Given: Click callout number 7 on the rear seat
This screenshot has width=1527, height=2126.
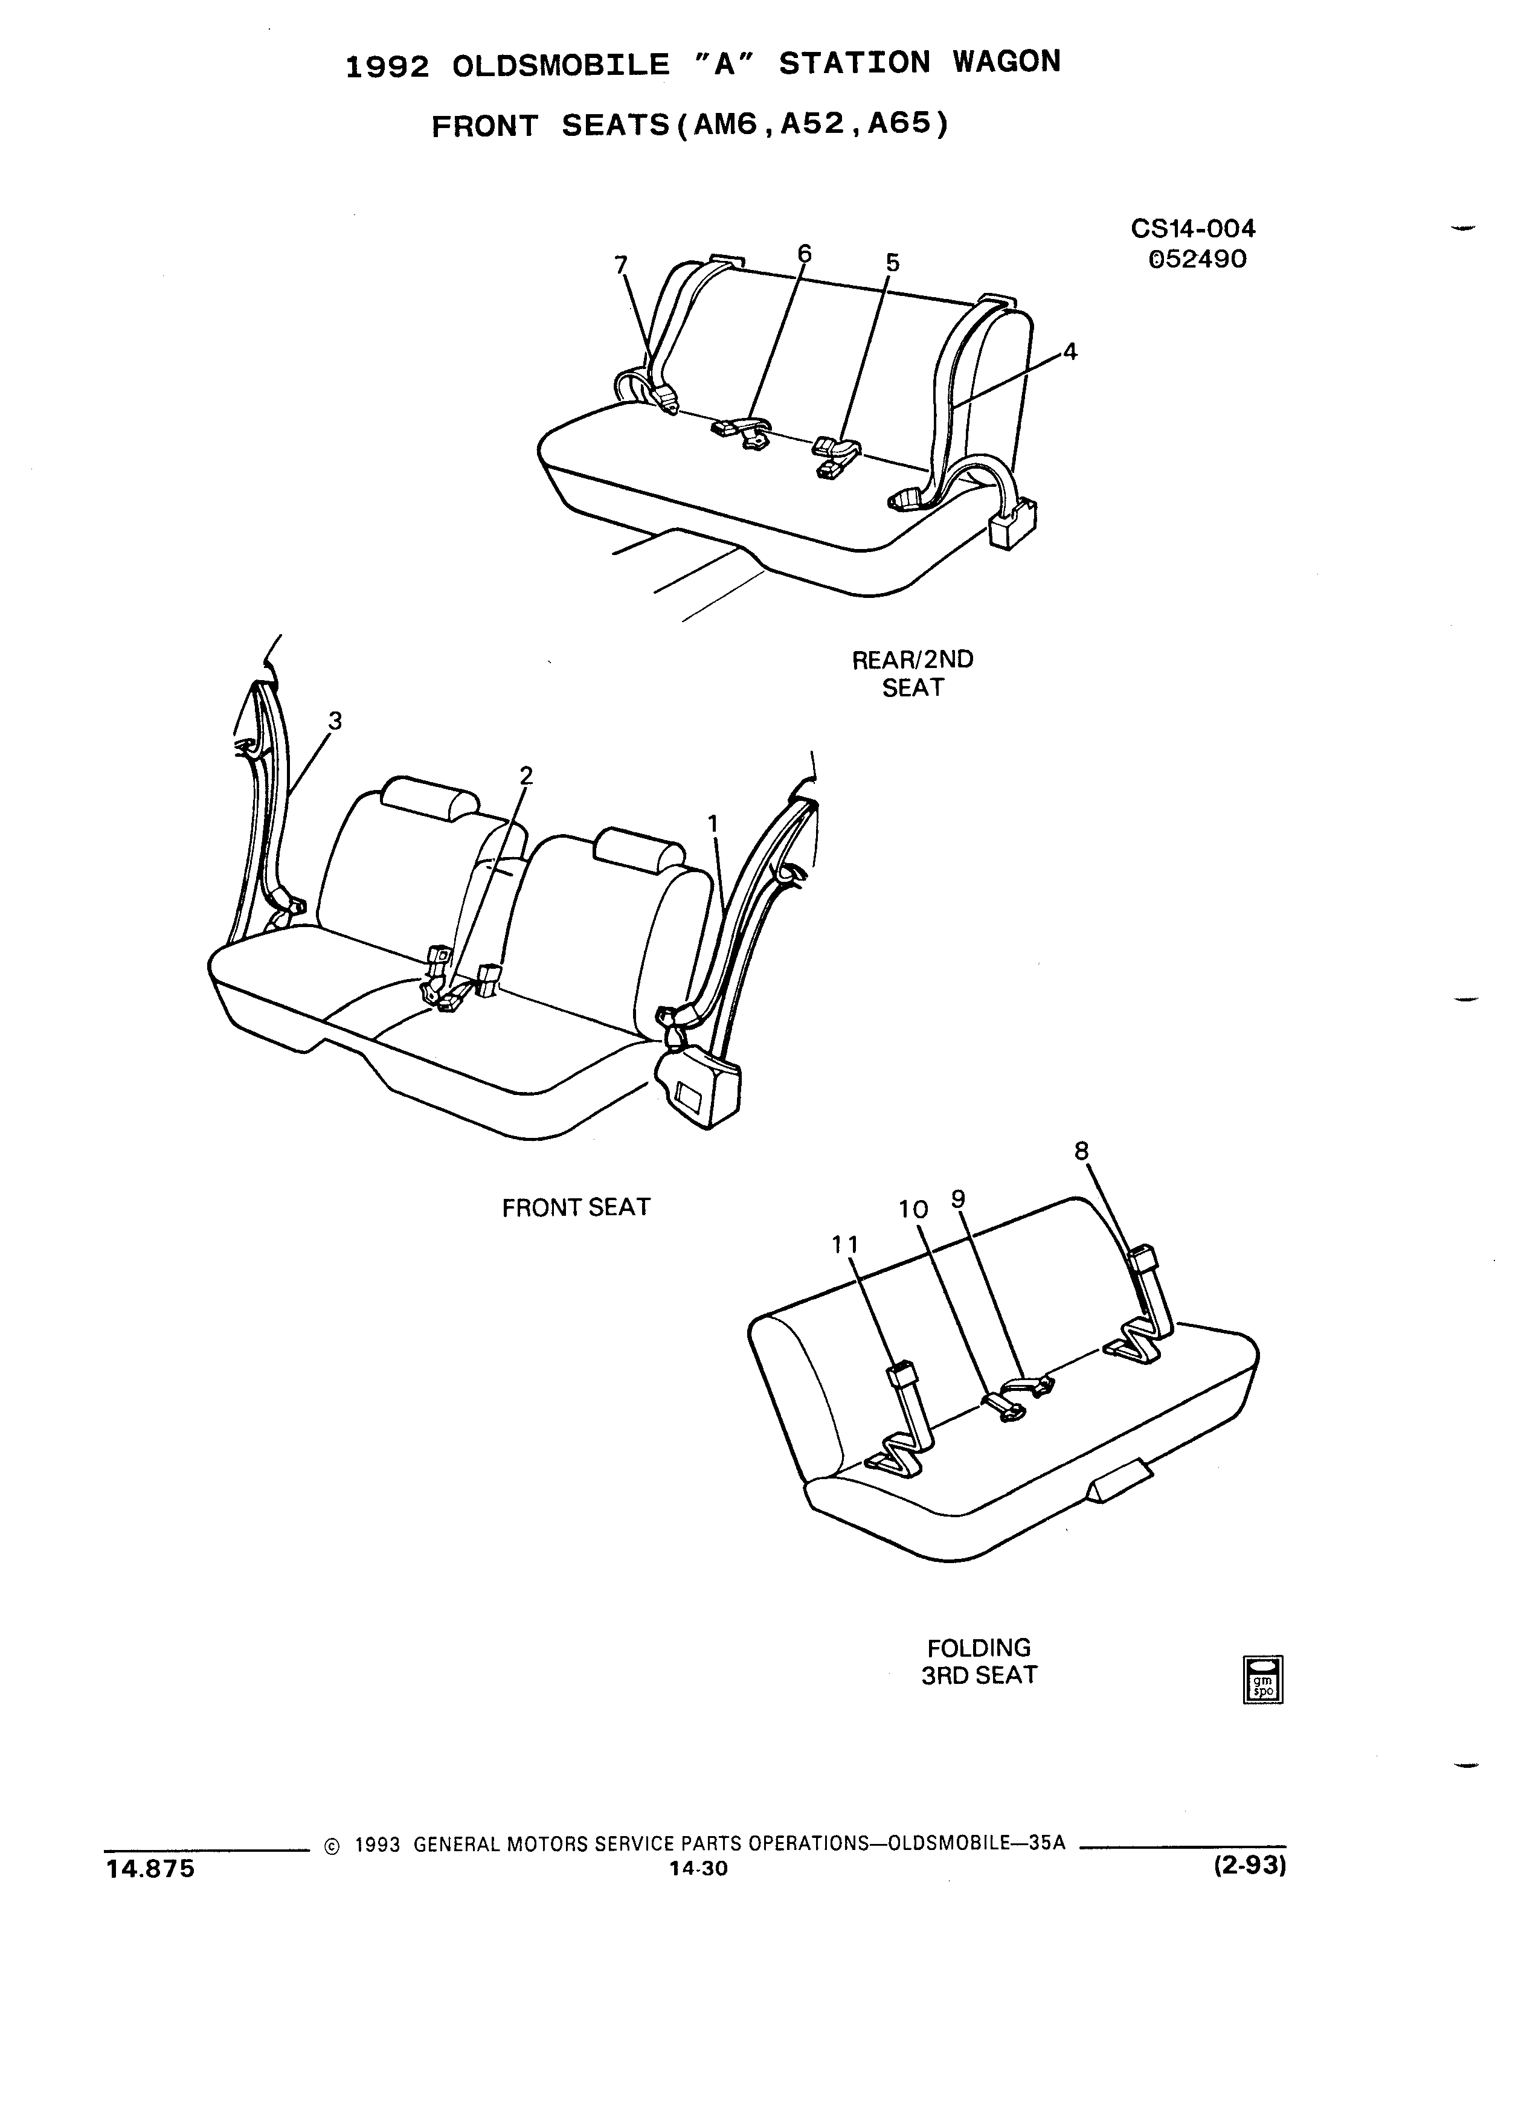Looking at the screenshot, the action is coord(620,265).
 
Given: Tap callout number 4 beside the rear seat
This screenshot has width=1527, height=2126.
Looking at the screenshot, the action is coord(1070,353).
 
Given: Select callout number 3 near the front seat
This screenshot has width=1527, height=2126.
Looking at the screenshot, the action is coord(335,721).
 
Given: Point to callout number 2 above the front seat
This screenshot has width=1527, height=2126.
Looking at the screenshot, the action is coord(526,776).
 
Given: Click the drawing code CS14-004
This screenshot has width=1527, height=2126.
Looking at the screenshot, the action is coord(1194,229).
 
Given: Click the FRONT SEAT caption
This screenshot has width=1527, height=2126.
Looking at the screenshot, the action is coord(576,1207).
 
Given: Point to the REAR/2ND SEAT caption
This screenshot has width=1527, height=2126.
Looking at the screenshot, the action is coord(912,673).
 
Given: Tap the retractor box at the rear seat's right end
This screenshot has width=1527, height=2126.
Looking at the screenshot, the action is coord(1014,521).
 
